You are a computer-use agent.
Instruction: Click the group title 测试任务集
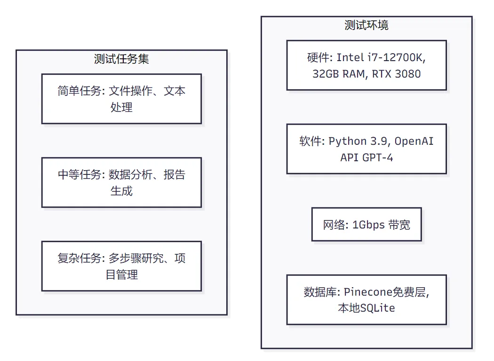(x=121, y=59)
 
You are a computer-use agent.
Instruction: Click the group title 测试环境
(x=367, y=25)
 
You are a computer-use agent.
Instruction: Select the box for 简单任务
(x=121, y=99)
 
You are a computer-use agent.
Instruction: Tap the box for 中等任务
(x=121, y=182)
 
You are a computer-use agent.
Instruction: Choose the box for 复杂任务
(x=121, y=266)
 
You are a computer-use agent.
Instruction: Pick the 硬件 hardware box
(x=367, y=65)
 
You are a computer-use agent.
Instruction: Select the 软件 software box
(x=367, y=149)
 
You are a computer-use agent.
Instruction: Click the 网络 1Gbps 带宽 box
(x=367, y=224)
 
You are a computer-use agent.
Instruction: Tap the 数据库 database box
(x=367, y=300)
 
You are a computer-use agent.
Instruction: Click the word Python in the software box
(x=347, y=141)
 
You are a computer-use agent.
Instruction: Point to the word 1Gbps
(x=368, y=225)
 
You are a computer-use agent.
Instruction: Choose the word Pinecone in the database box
(x=368, y=292)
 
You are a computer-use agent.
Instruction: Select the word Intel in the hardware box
(x=350, y=58)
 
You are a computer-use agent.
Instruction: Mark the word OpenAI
(x=414, y=141)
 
